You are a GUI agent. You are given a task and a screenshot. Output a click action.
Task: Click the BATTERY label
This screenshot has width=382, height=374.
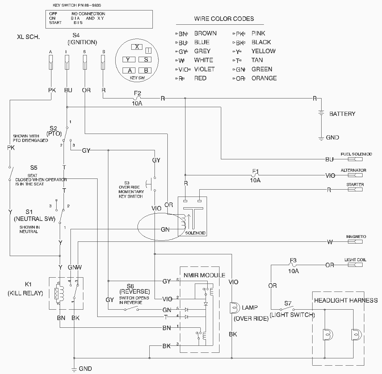(342, 114)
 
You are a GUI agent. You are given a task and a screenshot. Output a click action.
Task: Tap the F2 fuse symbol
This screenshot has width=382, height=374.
(137, 98)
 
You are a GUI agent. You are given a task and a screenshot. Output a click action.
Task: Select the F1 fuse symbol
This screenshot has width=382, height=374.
(255, 175)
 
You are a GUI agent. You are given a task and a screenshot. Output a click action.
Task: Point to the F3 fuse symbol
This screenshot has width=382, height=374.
(293, 265)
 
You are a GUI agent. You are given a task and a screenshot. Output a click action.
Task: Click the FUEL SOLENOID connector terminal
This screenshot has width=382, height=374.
(355, 159)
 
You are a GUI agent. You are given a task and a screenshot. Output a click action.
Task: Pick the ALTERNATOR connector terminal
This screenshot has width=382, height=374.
(355, 175)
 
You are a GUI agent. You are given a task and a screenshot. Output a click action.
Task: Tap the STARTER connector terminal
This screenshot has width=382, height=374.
(355, 190)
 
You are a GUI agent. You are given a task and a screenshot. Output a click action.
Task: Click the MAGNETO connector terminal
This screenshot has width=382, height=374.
(355, 242)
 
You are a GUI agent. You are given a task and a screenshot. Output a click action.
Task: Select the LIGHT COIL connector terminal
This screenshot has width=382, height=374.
(355, 265)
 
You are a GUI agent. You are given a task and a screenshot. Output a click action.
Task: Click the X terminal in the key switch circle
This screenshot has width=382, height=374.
(137, 47)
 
